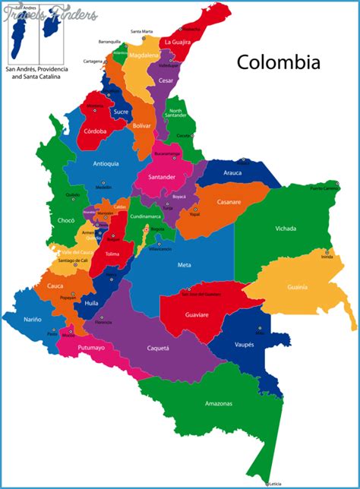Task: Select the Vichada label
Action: click(286, 228)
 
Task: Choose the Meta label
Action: click(184, 264)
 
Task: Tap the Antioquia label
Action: click(106, 163)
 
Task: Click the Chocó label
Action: click(66, 220)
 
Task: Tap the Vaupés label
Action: click(243, 344)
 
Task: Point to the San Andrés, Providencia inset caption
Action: click(36, 73)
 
